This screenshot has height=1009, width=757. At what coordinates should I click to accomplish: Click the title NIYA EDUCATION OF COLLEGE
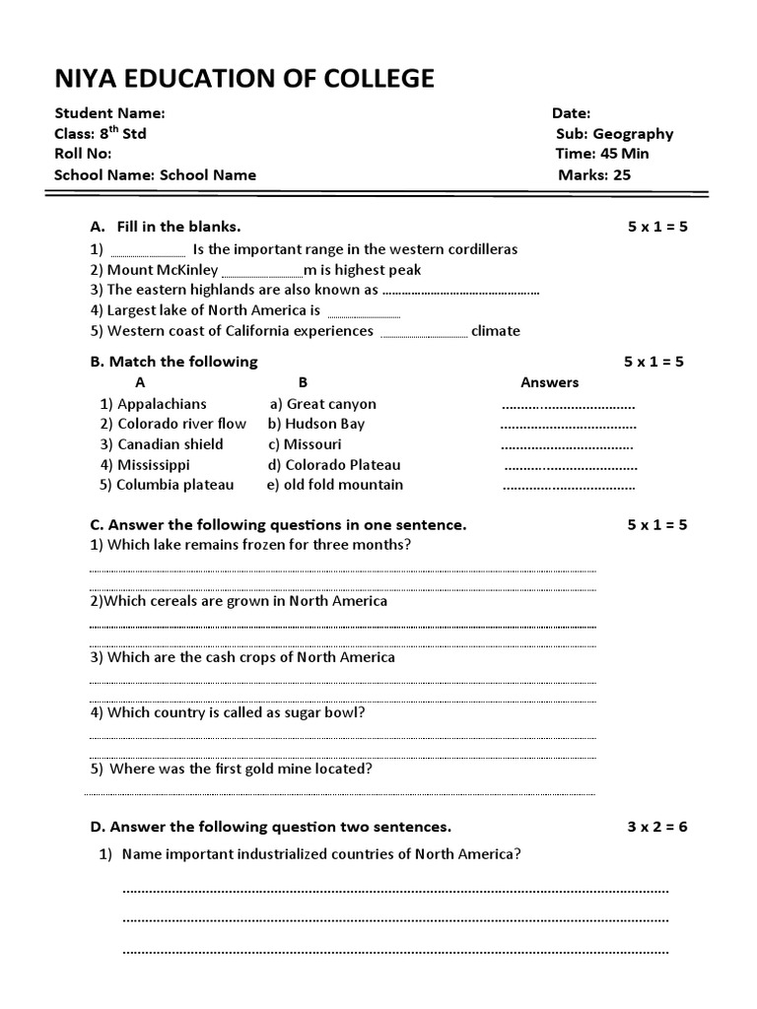click(243, 79)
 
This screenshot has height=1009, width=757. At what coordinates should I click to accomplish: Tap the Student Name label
click(109, 113)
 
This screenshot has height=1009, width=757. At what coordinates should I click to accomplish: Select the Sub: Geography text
click(614, 134)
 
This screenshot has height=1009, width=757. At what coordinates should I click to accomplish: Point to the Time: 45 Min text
click(602, 154)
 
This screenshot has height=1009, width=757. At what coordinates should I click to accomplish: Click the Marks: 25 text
click(594, 175)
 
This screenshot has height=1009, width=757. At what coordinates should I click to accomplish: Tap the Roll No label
click(83, 154)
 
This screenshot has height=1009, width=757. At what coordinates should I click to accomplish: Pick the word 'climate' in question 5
click(495, 331)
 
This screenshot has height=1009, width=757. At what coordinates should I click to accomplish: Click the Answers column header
click(549, 382)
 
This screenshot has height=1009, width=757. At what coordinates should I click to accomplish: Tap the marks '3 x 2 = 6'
click(657, 827)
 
